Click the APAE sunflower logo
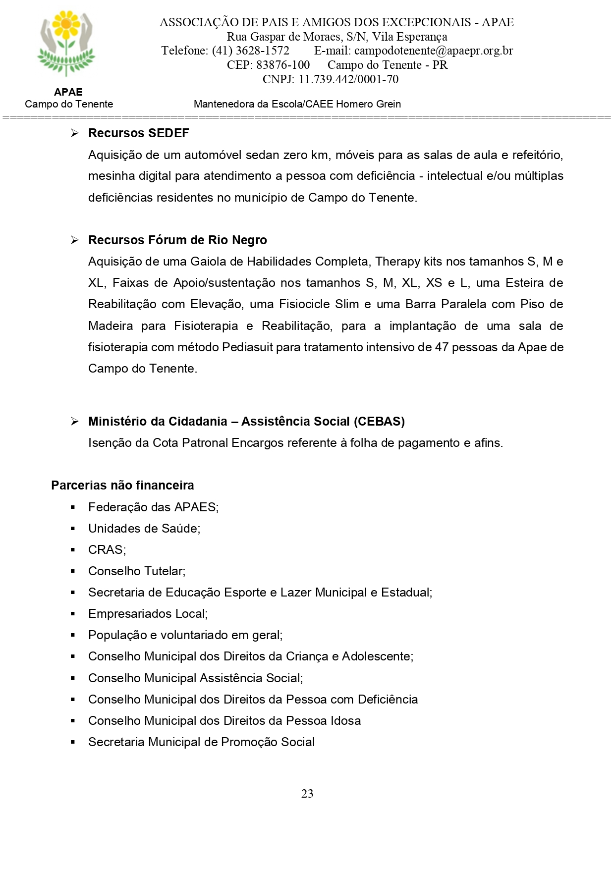pos(66,44)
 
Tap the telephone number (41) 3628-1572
pos(250,51)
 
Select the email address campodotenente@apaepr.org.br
pos(434,51)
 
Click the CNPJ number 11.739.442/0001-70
pos(348,79)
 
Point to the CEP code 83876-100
pos(283,65)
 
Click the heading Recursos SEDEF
pos(138,133)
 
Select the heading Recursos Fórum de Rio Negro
pos(177,240)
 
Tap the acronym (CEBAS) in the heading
pos(379,421)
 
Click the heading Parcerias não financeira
pos(122,485)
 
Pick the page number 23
pos(307,793)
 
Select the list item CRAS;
pos(107,549)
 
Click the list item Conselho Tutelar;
pos(137,571)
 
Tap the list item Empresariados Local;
pos(148,613)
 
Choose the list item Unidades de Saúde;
pos(144,528)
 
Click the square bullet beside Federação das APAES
pos(73,507)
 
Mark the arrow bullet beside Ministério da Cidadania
pos(74,422)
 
